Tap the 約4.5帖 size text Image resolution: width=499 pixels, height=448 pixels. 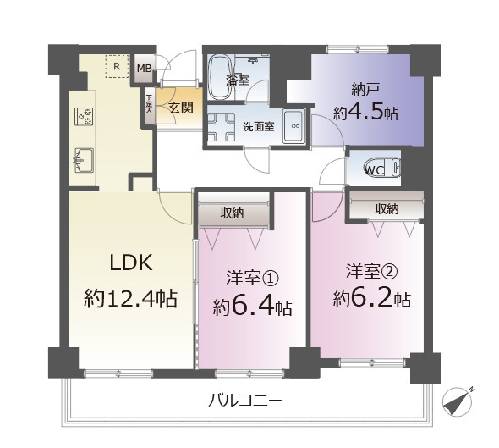(365, 113)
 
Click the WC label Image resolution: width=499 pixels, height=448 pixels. (373, 169)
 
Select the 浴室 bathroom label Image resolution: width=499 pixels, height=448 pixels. (237, 80)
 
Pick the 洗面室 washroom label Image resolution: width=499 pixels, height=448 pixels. (258, 127)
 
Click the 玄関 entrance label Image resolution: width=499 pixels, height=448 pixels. (179, 108)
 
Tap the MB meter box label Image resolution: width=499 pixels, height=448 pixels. (144, 69)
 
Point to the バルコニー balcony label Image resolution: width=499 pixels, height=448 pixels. (245, 401)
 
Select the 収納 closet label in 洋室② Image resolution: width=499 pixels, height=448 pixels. (387, 208)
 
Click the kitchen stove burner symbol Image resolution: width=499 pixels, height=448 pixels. (85, 115)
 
